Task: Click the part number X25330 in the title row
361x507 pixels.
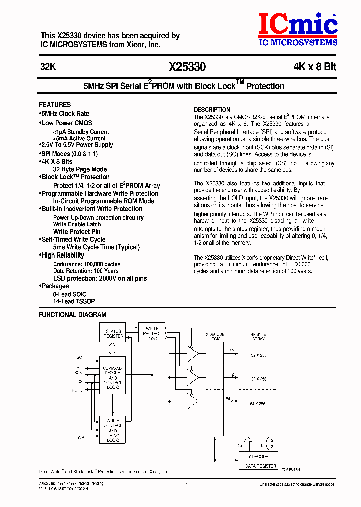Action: (x=187, y=67)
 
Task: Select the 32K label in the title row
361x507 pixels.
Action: (x=48, y=67)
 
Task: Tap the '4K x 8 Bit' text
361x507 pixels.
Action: (x=315, y=67)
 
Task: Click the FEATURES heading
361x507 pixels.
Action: (x=55, y=105)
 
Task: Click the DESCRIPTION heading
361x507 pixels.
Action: (x=212, y=110)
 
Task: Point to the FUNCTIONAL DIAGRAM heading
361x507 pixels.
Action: (x=72, y=315)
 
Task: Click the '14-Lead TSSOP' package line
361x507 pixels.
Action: (x=74, y=301)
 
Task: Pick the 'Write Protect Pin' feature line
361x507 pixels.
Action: (x=77, y=232)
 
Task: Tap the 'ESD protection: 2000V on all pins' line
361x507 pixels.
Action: (x=100, y=278)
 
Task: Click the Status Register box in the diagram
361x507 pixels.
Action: (x=113, y=333)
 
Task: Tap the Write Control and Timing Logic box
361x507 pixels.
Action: (x=113, y=430)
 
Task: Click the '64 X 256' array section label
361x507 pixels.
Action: (x=259, y=404)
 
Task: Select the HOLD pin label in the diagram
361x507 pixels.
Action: (x=77, y=390)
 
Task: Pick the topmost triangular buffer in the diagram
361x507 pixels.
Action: (x=192, y=352)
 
